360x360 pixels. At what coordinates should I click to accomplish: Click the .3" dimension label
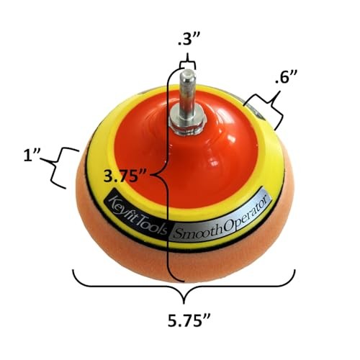click(187, 40)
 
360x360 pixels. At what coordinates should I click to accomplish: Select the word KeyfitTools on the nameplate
click(138, 213)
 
